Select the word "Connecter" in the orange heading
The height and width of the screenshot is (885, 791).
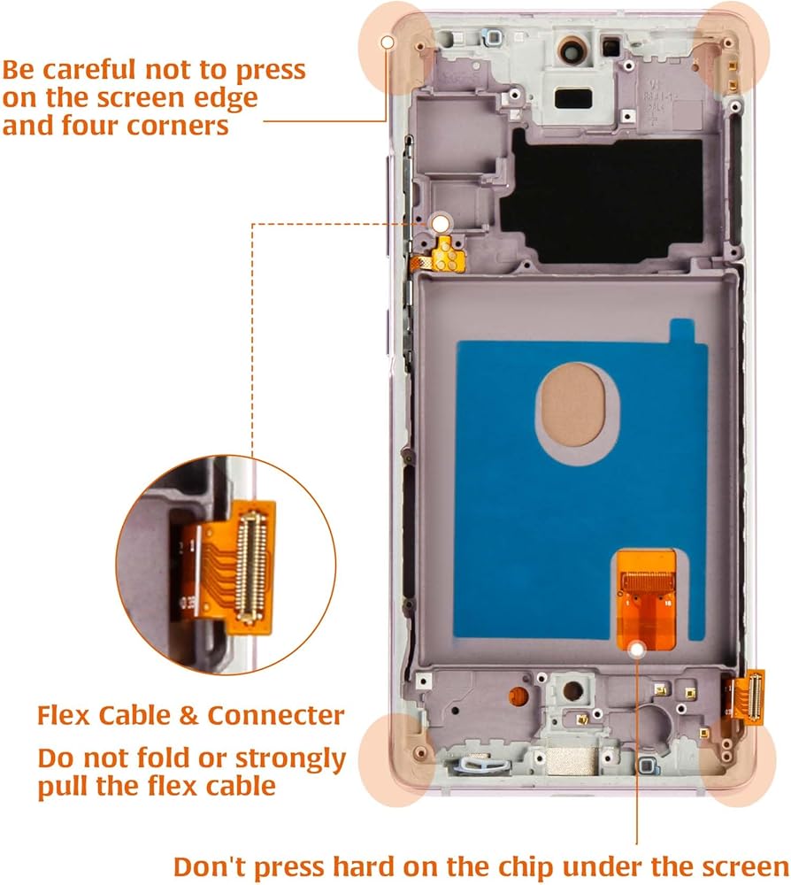coord(275,715)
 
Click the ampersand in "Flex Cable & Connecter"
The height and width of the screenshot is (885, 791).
coord(191,715)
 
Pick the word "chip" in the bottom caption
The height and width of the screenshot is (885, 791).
coord(564,866)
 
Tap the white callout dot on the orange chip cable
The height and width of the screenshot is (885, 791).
coord(636,650)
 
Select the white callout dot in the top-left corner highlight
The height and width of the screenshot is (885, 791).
coord(386,42)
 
